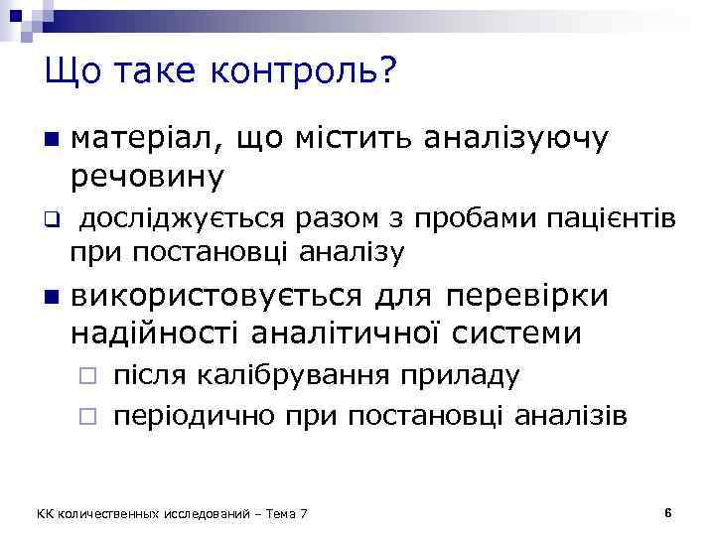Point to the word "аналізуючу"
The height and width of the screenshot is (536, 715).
[515, 139]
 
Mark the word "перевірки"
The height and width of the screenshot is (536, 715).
[533, 296]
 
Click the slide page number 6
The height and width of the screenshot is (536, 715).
[668, 512]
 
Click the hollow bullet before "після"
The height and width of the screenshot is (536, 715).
[87, 378]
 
